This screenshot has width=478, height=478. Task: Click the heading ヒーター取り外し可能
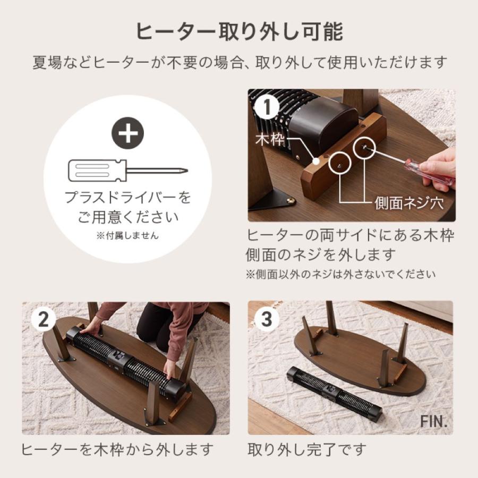[x=239, y=32]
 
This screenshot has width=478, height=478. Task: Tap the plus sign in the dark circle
[x=127, y=134]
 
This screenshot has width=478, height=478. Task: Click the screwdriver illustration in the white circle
[x=127, y=171]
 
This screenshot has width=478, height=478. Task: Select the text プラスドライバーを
[x=127, y=198]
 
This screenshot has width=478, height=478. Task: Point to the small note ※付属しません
[x=127, y=236]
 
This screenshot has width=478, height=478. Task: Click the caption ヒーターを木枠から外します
[x=117, y=450]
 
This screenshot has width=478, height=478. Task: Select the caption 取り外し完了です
[x=307, y=450]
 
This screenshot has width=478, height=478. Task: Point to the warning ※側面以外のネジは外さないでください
[x=340, y=275]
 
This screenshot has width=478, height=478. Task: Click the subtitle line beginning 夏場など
[x=239, y=63]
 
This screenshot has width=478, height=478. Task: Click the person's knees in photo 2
[x=154, y=329]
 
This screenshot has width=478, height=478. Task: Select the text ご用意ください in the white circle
[x=127, y=217]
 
